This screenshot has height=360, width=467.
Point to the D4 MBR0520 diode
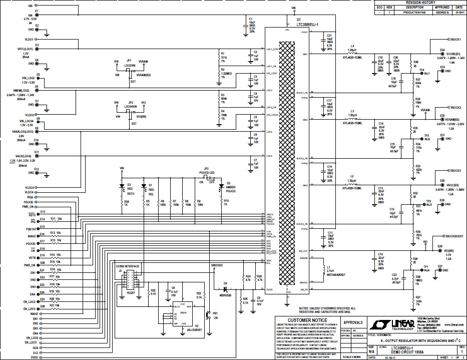coord(226,289)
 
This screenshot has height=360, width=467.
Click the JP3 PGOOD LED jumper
coord(206,176)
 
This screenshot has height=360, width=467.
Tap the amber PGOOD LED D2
coord(221,185)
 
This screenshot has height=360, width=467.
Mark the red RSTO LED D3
coord(122,186)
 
